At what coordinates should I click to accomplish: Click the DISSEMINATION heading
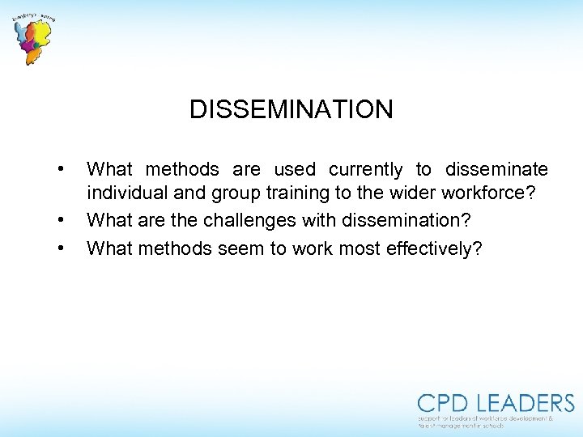[x=291, y=109]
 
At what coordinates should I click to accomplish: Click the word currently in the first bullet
[x=365, y=170]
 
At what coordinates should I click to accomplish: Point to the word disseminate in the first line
[x=496, y=169]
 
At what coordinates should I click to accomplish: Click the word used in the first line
[x=295, y=169]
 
